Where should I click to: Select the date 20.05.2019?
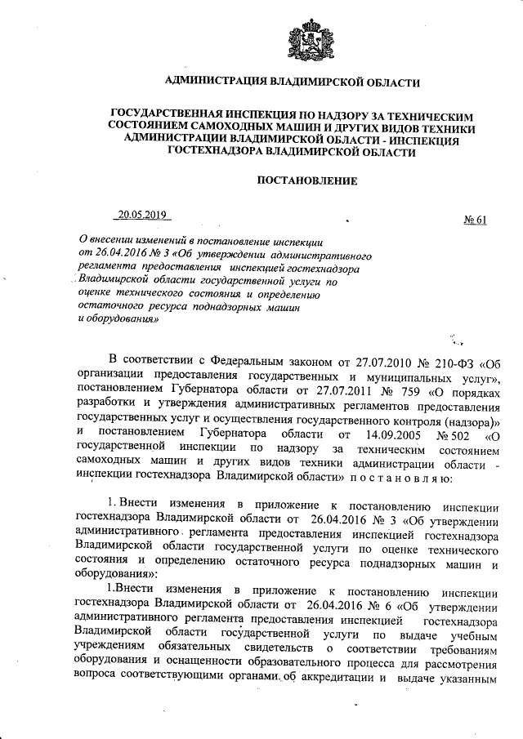coord(141,216)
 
